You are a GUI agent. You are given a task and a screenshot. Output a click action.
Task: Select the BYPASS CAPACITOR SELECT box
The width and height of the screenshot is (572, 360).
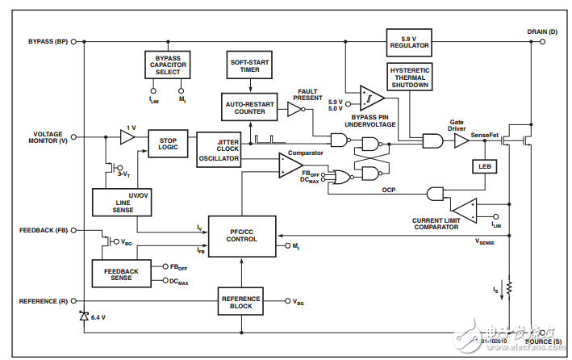coord(168,64)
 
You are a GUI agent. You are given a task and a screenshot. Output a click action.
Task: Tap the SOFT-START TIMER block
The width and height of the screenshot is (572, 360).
coord(250,64)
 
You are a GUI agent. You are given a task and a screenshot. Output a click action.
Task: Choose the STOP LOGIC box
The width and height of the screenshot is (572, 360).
coord(167,143)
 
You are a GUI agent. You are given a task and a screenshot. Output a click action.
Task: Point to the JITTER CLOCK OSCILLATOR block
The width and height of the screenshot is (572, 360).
coord(218,149)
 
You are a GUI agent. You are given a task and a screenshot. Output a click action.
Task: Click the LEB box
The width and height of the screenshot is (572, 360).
coord(484,168)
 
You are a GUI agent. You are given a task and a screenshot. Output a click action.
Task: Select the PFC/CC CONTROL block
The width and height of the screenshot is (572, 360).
coord(241,235)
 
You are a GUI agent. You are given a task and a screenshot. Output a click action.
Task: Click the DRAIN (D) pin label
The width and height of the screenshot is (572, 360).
coord(541,31)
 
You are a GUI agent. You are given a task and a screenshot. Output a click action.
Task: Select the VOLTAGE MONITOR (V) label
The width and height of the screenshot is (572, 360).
coord(50,138)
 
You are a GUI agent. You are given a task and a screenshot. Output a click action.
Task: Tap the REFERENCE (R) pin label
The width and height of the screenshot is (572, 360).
coord(48,301)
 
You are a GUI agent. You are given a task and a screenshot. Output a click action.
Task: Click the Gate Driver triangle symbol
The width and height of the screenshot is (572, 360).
coord(461,140)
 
